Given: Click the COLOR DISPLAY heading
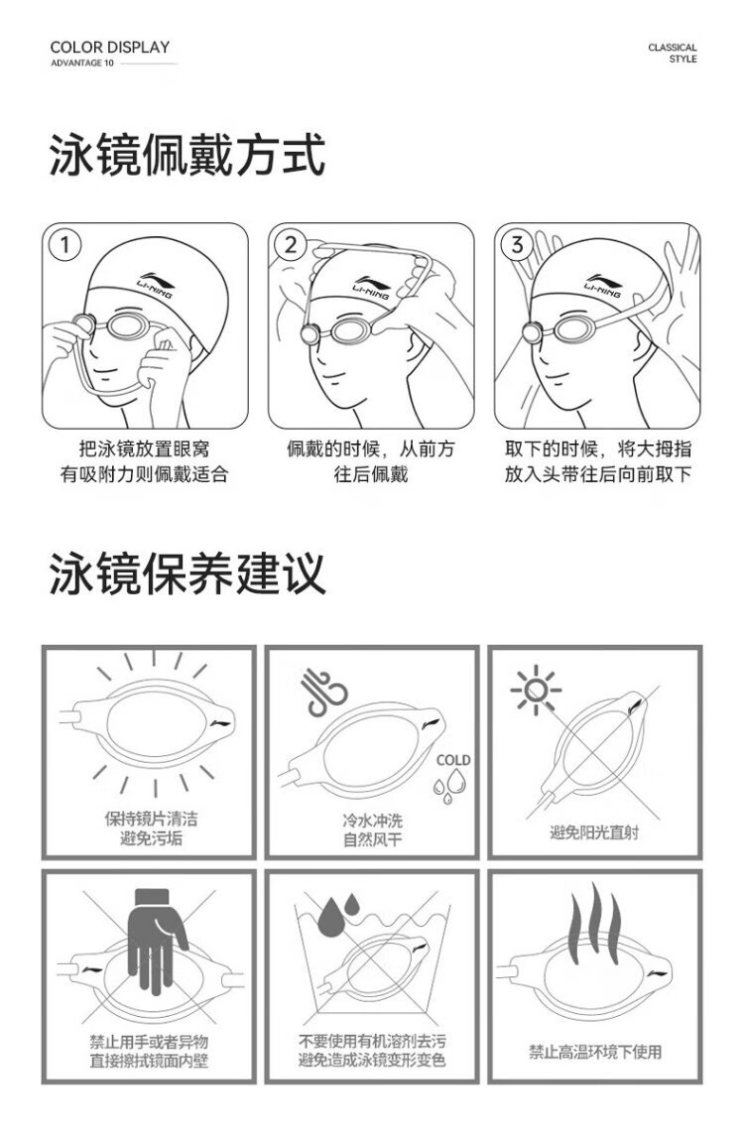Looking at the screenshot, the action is pos(109,48).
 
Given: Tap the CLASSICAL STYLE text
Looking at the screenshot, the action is pos(673,53).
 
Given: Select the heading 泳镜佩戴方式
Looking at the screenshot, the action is pos(186,155).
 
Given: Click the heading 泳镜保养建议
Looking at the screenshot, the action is pos(186,573).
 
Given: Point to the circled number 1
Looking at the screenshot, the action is pos(65,245).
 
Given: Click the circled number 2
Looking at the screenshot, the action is pos(292,245).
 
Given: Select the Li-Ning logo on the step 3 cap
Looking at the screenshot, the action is pos(603,286).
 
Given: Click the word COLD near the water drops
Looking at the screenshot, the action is pos(452,760).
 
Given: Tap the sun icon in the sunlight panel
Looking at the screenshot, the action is pos(536,690).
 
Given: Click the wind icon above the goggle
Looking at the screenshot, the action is pos(323,691).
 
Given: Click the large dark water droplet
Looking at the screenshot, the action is pos(332,917).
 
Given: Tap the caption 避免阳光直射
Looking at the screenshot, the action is pos(594,831).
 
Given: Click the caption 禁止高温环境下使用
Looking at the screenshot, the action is pos(595,1052).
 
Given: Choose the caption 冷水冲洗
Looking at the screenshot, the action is pos(372,820).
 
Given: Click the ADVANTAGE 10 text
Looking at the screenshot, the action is pos(81,64).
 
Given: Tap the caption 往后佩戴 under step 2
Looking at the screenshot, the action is pos(371,474).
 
